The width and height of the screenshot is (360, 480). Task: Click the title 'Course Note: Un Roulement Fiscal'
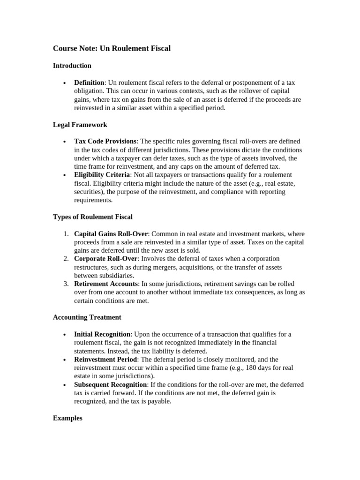click(x=112, y=48)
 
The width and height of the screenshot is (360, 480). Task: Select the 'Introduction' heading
click(x=72, y=66)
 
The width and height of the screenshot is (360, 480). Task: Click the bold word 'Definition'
click(x=89, y=82)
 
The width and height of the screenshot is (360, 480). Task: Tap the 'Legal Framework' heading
click(x=80, y=125)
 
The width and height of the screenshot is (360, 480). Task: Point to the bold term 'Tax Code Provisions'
click(x=105, y=141)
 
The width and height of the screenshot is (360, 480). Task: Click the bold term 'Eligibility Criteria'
click(x=102, y=175)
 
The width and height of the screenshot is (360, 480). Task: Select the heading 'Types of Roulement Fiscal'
click(x=93, y=217)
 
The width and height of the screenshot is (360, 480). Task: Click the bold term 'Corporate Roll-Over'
click(x=105, y=259)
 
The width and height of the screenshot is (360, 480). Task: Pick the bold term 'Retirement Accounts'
click(x=105, y=284)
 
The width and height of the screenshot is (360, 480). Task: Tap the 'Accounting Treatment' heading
click(x=87, y=317)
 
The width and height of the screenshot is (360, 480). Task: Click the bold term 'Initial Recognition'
click(x=102, y=334)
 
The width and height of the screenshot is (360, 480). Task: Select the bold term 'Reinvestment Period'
click(x=105, y=360)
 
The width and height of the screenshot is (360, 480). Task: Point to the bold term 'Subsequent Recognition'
click(x=110, y=385)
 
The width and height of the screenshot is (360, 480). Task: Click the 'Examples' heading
click(x=67, y=418)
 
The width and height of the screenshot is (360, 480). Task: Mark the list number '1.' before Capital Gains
click(x=66, y=233)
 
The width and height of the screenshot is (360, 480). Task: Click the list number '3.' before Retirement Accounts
click(x=66, y=284)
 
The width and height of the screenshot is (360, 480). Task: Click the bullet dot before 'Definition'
click(x=64, y=83)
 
